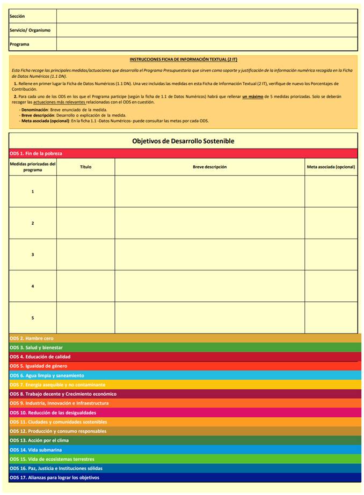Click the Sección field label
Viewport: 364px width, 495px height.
pyautogui.click(x=18, y=17)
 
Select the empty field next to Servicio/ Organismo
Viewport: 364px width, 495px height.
pyautogui.click(x=207, y=30)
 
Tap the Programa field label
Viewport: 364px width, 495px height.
pyautogui.click(x=20, y=44)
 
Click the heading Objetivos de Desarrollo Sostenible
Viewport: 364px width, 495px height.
pyautogui.click(x=183, y=141)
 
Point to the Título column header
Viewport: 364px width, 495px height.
pyautogui.click(x=86, y=167)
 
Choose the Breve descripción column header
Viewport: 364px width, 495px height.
pyautogui.click(x=210, y=167)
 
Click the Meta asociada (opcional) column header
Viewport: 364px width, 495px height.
pyautogui.click(x=331, y=167)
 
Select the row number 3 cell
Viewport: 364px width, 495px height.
pyautogui.click(x=33, y=254)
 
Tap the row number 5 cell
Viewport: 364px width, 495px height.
pyautogui.click(x=33, y=317)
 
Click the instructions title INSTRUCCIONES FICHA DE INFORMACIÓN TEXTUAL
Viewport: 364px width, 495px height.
pyautogui.click(x=183, y=59)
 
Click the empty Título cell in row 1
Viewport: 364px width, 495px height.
pyautogui.click(x=86, y=191)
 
